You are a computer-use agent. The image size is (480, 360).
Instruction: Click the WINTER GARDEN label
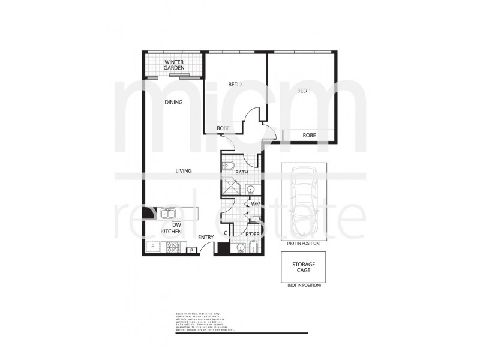174,65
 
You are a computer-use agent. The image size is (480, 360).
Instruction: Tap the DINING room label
173,103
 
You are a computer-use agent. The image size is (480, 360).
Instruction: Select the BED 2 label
235,85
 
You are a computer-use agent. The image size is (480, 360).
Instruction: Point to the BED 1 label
304,91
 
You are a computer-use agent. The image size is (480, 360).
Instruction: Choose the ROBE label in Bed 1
309,136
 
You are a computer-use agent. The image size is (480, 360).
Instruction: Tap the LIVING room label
183,171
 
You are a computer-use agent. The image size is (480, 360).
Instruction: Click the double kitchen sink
167,212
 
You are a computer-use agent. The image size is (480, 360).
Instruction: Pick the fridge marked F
152,247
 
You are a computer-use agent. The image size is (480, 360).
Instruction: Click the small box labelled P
191,250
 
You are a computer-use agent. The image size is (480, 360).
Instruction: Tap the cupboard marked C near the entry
226,232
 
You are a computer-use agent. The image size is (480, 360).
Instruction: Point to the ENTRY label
206,238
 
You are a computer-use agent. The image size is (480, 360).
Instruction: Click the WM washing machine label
255,205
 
